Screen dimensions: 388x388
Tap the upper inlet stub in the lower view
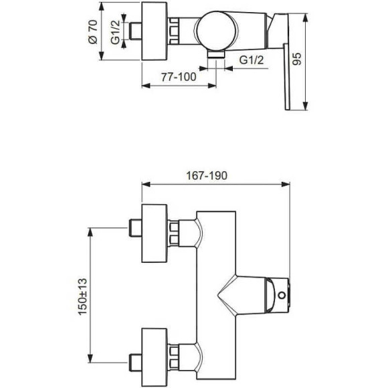pos(136,229)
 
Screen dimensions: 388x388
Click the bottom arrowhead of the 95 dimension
pos(306,107)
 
